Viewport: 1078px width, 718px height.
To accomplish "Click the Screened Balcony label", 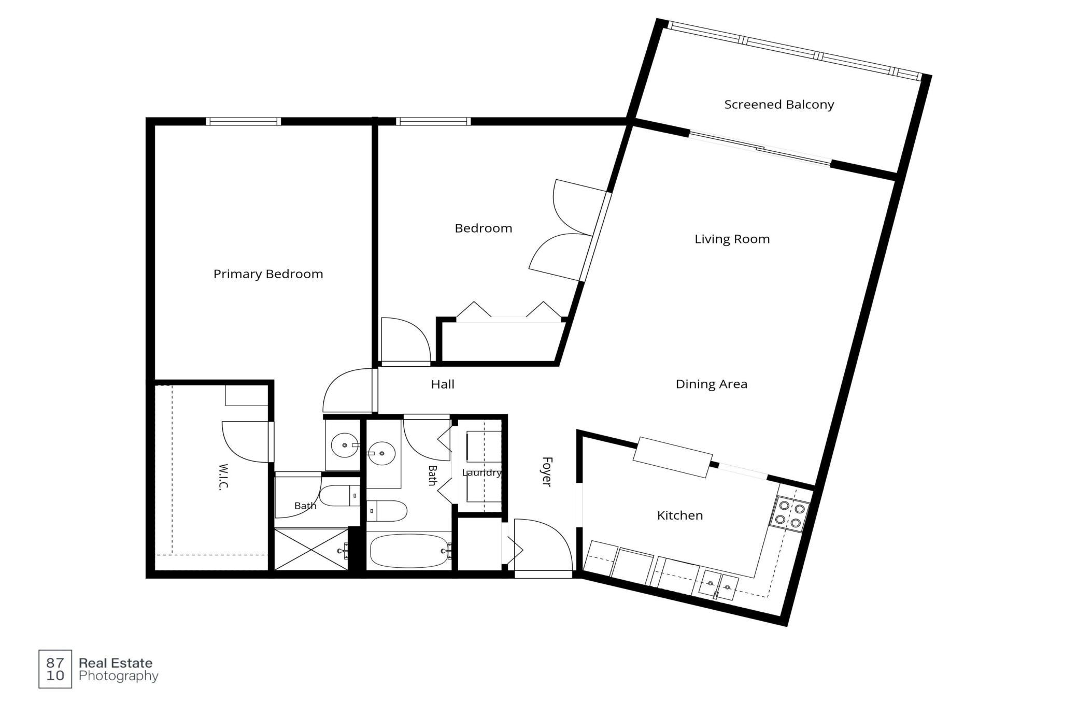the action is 779,105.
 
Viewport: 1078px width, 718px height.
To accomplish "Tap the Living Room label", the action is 732,239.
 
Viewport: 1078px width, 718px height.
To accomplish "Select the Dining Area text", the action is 711,384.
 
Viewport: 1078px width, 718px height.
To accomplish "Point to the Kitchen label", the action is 680,515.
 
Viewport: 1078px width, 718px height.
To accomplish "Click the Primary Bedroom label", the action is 268,274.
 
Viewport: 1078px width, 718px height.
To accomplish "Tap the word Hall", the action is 443,384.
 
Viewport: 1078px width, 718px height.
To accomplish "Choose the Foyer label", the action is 547,471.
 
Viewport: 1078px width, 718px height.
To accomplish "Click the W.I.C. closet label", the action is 223,477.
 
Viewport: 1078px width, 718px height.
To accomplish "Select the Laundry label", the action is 481,473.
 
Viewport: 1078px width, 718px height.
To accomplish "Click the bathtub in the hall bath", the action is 409,551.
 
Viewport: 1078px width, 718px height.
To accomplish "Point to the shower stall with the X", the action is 311,550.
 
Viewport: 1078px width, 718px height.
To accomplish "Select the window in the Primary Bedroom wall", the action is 243,122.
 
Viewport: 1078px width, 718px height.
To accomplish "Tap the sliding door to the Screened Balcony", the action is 760,149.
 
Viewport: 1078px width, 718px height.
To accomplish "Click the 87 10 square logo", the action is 55,669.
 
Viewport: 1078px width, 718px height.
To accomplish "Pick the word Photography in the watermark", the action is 118,677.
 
